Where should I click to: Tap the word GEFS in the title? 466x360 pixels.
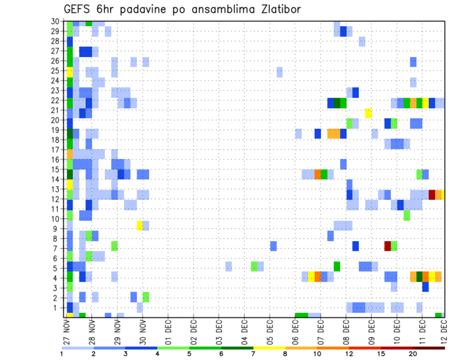[x=79, y=9]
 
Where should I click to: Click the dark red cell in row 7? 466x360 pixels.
[x=387, y=246]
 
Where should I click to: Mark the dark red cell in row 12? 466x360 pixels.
[x=432, y=195]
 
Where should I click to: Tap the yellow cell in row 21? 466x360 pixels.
[x=368, y=113]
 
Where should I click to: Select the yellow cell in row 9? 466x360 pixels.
[x=140, y=226]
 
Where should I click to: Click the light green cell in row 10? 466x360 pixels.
[x=407, y=215]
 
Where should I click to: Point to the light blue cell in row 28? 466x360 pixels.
[x=362, y=42]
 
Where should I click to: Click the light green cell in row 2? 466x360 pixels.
[x=146, y=297]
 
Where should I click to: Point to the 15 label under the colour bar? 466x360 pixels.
[x=382, y=354]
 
